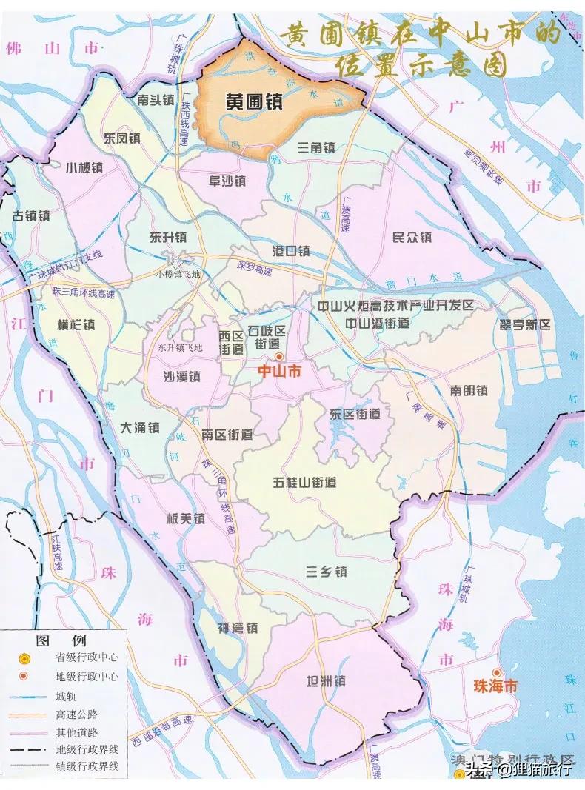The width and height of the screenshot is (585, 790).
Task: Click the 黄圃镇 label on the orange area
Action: pyautogui.click(x=254, y=103)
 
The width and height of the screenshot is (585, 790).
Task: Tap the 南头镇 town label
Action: pyautogui.click(x=156, y=98)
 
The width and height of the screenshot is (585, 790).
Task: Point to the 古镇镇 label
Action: pyautogui.click(x=31, y=215)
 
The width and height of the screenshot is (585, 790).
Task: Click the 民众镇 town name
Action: pyautogui.click(x=412, y=237)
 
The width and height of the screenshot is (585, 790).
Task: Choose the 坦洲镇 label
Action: pyautogui.click(x=326, y=681)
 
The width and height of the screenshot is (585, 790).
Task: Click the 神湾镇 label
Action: pyautogui.click(x=238, y=628)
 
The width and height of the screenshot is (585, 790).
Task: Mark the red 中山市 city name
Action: pyautogui.click(x=278, y=373)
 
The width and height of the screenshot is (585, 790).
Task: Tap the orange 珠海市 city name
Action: pyautogui.click(x=495, y=686)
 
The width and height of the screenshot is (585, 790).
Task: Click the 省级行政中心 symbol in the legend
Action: pyautogui.click(x=24, y=657)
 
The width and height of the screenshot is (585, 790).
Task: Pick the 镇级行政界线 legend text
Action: pyautogui.click(x=87, y=766)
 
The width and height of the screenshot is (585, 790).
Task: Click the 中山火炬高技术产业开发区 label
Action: pyautogui.click(x=395, y=305)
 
